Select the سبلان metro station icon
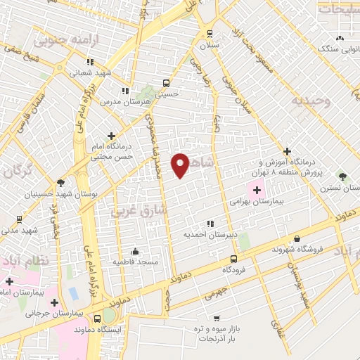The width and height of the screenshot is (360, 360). point(209,33)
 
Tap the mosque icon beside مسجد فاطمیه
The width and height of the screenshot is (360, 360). point(136,251)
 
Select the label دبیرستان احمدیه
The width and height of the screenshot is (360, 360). point(208,234)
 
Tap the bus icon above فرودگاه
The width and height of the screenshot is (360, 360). point(234,258)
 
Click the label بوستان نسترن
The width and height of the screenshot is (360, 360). point(341,188)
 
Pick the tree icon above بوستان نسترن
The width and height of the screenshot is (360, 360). point(342,176)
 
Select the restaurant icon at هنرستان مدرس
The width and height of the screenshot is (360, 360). point(124,90)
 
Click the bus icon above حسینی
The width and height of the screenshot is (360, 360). point(167,82)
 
